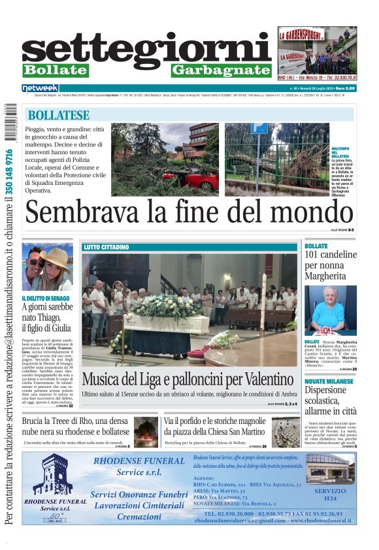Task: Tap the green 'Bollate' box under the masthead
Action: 55,70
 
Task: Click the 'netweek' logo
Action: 41,88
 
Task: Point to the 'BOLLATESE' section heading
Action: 59,115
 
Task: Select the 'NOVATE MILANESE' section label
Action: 329,381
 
